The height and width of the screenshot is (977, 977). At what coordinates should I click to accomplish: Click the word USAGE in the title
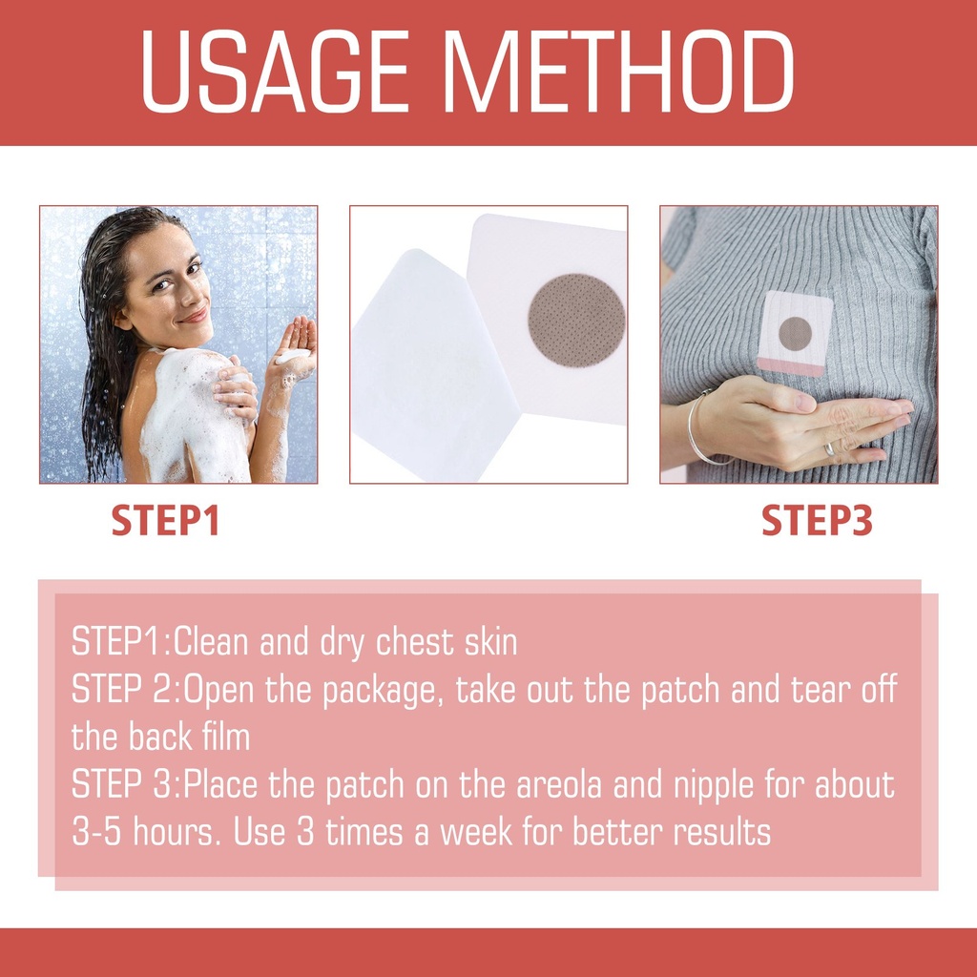[x=275, y=71]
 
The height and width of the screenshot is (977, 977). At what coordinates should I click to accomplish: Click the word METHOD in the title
[x=617, y=71]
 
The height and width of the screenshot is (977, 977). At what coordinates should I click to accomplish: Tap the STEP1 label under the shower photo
[x=166, y=520]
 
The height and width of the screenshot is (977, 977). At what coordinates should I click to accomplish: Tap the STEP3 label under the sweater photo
[x=817, y=520]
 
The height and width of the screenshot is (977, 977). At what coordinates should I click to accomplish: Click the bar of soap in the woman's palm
[x=293, y=357]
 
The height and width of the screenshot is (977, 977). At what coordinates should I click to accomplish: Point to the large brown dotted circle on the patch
[x=576, y=321]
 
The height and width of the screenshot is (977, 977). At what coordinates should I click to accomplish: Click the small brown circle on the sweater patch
[x=795, y=333]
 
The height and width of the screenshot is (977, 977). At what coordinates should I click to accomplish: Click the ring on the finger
[x=829, y=448]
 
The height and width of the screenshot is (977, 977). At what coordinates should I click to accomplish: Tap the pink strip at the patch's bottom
[x=790, y=367]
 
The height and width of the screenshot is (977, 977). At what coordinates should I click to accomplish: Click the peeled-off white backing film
[x=433, y=364]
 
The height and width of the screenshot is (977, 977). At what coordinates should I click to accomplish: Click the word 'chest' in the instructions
[x=415, y=642]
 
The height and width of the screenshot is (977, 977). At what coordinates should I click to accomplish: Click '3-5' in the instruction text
[x=96, y=832]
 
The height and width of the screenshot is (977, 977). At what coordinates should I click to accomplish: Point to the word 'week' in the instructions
[x=476, y=832]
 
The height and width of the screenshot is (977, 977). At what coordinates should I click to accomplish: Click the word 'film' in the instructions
[x=225, y=737]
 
